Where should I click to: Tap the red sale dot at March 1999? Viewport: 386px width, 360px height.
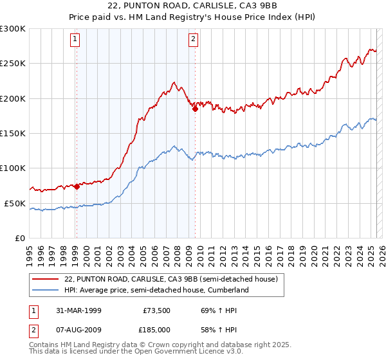tap(77, 187)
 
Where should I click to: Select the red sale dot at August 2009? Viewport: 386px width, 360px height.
tap(194, 109)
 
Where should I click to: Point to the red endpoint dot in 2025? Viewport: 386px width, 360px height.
tap(376, 54)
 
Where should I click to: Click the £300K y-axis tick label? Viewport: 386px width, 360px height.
tap(13, 29)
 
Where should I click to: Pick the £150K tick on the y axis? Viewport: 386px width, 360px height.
tap(13, 133)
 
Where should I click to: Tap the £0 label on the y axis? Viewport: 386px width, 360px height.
tap(19, 238)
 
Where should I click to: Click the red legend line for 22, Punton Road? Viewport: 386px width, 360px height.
tap(45, 279)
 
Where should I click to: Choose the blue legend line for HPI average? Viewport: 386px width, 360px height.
tap(45, 291)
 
